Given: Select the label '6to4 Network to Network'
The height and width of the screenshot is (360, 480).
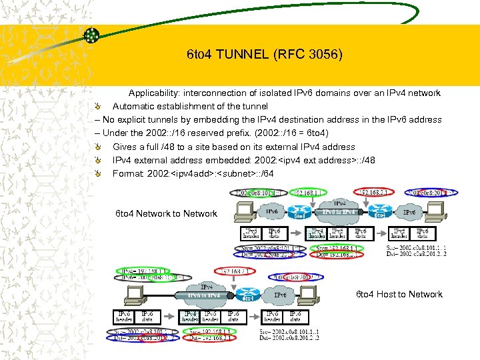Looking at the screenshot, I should [x=166, y=213].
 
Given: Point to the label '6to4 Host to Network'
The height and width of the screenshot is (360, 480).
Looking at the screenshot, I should [x=399, y=294].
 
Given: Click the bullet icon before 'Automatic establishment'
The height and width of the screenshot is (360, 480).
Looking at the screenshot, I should [x=98, y=106].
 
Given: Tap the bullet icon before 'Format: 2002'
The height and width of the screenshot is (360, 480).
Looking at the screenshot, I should [x=98, y=173].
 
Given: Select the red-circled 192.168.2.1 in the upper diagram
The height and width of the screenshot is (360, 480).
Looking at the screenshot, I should [x=377, y=193].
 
